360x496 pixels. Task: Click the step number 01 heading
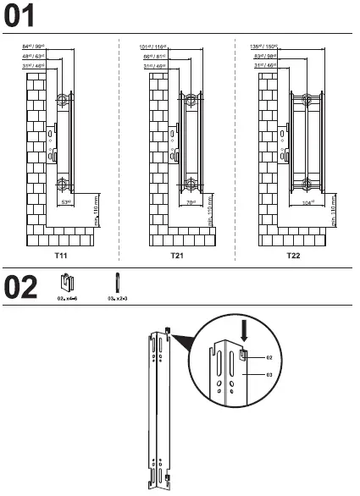(21, 15)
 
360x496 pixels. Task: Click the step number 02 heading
(21, 287)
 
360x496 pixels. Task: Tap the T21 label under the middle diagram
(176, 254)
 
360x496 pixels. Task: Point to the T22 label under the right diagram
(292, 254)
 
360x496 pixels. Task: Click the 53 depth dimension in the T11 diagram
(65, 203)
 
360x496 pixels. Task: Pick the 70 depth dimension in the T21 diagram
(191, 203)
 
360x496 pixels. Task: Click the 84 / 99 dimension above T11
(32, 47)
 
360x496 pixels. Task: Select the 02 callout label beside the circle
(269, 360)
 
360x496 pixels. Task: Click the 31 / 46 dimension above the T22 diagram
(268, 65)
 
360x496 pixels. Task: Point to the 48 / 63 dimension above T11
(32, 56)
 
